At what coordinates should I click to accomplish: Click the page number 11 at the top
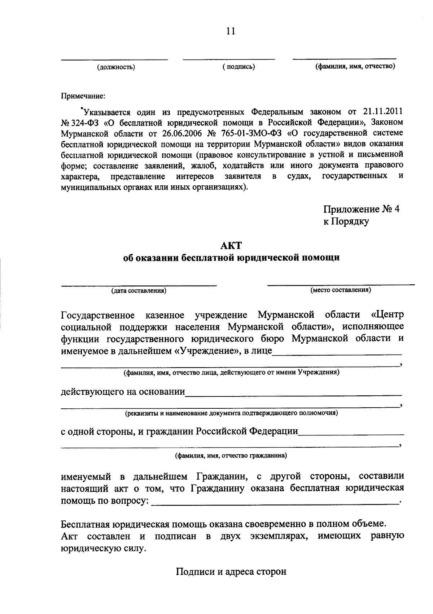coord(231,31)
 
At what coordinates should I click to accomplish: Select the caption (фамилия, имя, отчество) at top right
coord(355,66)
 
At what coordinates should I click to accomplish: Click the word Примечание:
coord(83,96)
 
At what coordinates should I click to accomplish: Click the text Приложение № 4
coord(361,210)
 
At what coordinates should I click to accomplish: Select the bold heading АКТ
coord(231,246)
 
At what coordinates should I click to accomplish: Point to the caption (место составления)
coord(341,290)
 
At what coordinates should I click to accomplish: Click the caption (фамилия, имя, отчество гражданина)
coord(231,456)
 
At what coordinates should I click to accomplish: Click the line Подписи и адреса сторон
coord(231,572)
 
